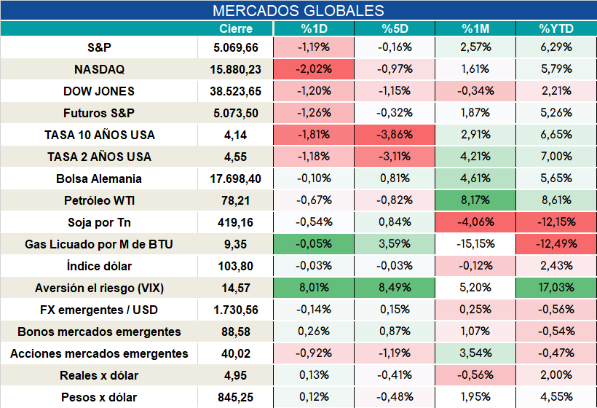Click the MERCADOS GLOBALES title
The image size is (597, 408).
298,11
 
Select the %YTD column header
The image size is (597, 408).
556,28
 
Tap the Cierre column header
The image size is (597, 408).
236,28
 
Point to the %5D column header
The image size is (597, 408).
395,28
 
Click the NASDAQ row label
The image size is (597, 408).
99,69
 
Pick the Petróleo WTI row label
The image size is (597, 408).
99,200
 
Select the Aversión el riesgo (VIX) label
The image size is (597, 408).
99,288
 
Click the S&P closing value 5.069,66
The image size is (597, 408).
236,47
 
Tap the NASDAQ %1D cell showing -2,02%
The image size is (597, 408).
314,69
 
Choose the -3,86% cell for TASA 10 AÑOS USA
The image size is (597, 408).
395,135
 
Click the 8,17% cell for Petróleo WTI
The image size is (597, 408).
475,200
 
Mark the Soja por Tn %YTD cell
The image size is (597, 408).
556,222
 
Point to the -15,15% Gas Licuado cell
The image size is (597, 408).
475,244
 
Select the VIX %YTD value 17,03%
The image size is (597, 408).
556,288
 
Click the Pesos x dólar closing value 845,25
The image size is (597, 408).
236,398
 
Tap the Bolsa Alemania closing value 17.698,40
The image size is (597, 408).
236,178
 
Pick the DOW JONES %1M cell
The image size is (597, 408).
475,91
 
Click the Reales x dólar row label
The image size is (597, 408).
99,376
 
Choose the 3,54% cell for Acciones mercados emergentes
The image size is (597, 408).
475,353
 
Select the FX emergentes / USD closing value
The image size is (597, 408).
236,310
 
